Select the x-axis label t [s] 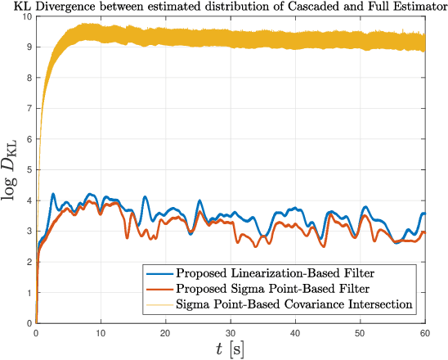pos(230,349)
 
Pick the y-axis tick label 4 pos(29,200)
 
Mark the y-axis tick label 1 pos(29,293)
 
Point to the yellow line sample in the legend pos(158,305)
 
